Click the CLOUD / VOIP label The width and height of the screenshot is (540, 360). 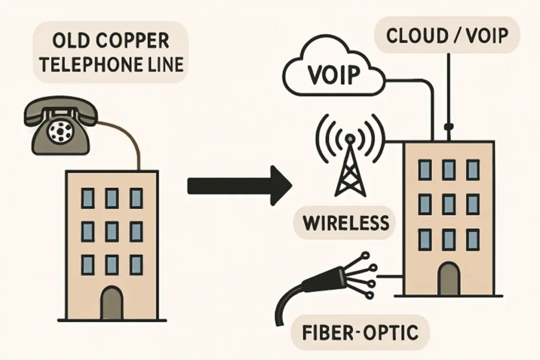(446, 36)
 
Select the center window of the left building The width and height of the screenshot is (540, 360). (112, 231)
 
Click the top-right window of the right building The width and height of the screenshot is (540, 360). (473, 170)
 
